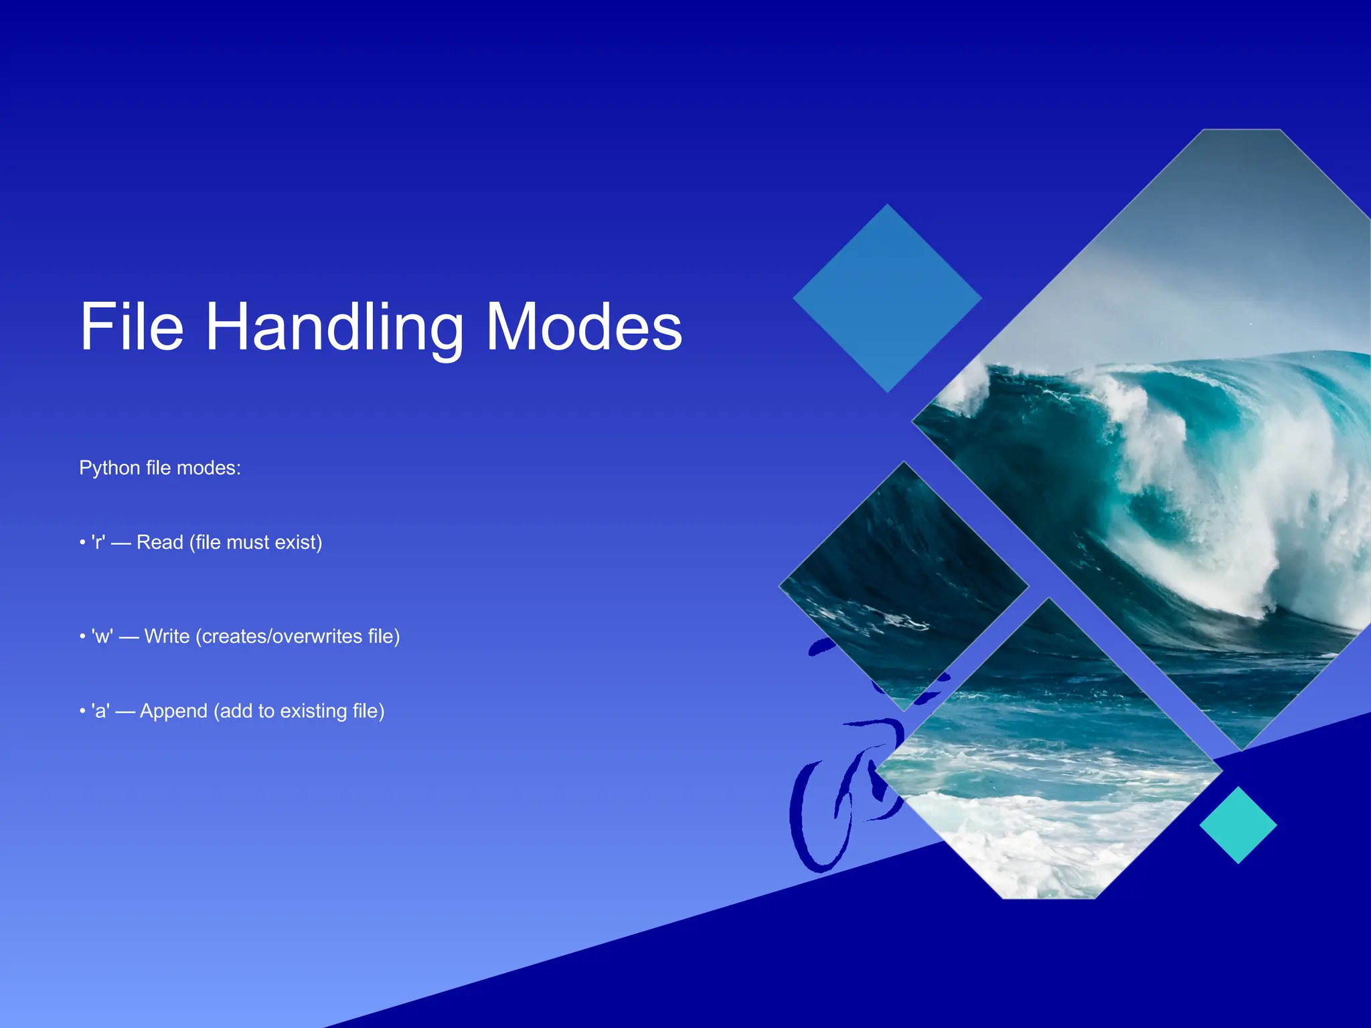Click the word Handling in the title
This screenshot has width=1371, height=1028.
coord(333,328)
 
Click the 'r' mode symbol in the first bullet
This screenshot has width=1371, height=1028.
coord(98,542)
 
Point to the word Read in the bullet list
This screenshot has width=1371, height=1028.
coord(159,542)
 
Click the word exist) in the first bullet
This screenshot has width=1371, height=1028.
coord(299,542)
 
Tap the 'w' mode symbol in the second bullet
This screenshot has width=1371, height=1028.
coord(102,636)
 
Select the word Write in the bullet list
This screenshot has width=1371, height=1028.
coord(167,636)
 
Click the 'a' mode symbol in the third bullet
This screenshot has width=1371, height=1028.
coord(100,711)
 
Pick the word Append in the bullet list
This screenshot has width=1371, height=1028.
coord(173,711)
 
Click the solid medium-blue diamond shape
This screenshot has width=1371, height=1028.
coord(887,298)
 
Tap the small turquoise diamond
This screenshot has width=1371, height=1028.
coord(1238,825)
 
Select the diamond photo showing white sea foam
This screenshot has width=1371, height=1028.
coord(1048,790)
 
